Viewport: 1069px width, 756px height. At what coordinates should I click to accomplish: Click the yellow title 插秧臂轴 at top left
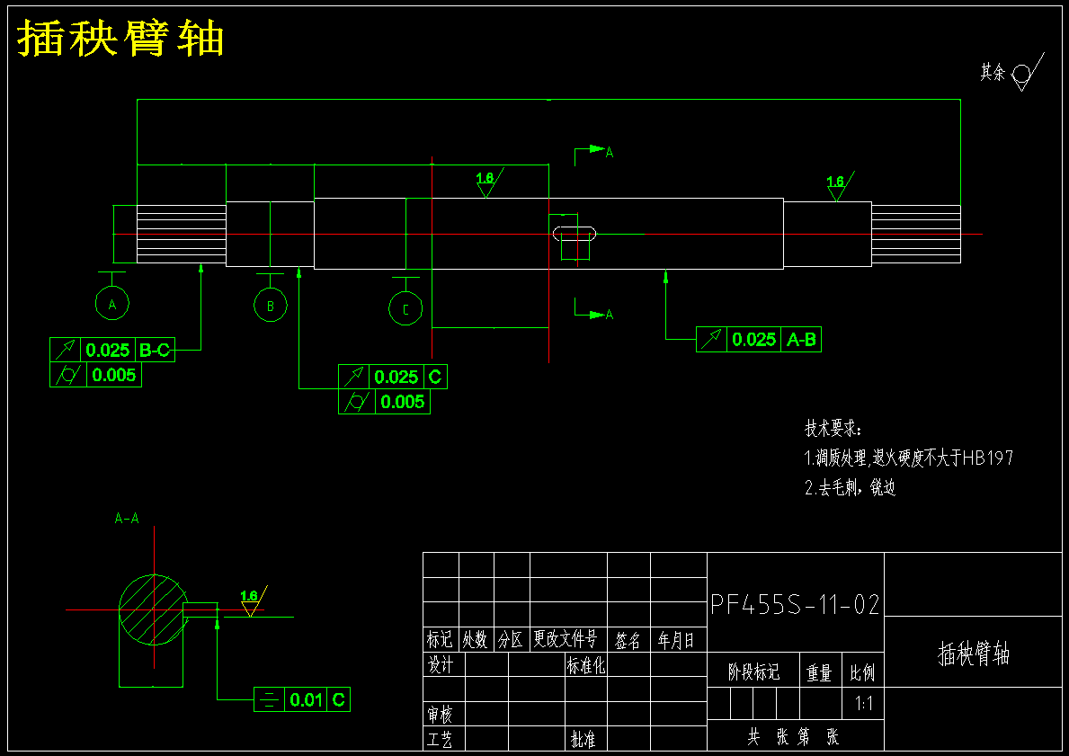[x=120, y=38]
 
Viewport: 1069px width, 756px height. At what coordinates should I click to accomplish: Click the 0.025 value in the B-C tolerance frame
[x=108, y=351]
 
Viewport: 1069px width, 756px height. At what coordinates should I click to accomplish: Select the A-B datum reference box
[x=801, y=340]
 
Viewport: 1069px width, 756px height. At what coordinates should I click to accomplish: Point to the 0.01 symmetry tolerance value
[x=306, y=699]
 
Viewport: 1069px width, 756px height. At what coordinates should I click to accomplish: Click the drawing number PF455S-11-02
[x=795, y=605]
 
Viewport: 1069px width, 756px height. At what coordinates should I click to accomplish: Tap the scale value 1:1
[x=863, y=704]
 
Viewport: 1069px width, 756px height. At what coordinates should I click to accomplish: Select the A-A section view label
[x=127, y=519]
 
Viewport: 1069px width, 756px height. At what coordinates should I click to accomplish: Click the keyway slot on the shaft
[x=574, y=234]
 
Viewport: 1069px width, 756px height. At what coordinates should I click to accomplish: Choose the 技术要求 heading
[x=833, y=429]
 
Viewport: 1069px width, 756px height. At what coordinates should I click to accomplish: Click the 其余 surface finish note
[x=993, y=72]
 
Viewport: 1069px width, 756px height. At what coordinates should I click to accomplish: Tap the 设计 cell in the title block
[x=441, y=664]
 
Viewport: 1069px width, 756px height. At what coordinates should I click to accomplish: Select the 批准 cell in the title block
[x=583, y=739]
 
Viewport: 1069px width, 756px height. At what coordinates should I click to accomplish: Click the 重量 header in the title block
[x=819, y=672]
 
